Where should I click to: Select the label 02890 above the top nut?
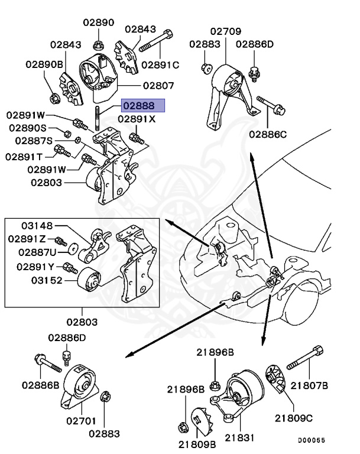[98, 23]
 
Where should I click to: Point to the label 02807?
[157, 85]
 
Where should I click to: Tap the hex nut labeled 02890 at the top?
[99, 44]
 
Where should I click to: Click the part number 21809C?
[293, 418]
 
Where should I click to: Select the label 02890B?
[44, 63]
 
